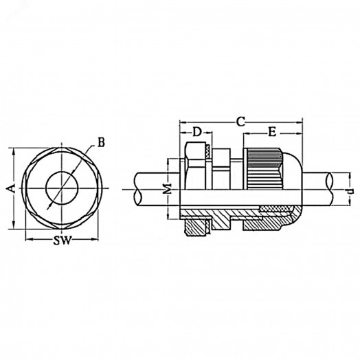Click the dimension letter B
coord(101,142)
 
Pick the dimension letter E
coord(272,131)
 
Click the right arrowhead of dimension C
coord(300,124)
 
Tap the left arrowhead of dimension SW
coord(27,240)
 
